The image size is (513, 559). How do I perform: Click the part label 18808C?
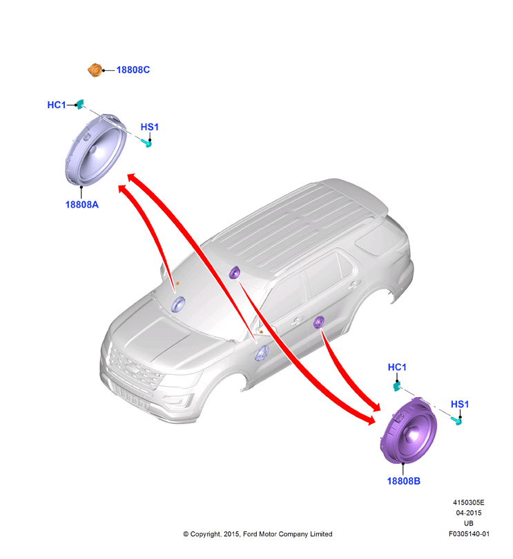pos(133,70)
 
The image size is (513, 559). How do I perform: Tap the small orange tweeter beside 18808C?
pos(95,70)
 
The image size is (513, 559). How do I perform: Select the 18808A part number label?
pos(81,205)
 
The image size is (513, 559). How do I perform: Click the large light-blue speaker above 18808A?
pos(96,150)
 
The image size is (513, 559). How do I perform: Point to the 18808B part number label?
pos(404,481)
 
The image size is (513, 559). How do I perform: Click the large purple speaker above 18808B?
pos(409,431)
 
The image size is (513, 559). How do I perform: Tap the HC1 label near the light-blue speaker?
pos(57,105)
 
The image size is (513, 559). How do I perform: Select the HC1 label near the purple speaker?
pos(397,367)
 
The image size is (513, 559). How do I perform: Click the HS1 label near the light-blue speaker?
pos(150,127)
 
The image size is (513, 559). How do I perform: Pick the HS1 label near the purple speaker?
pos(460,405)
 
